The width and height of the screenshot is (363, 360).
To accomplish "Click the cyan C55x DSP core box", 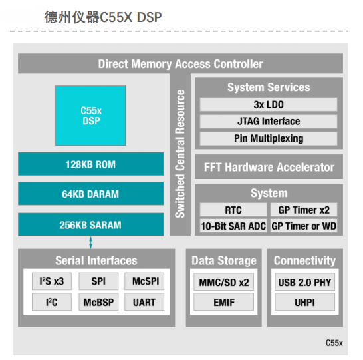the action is point(90,115).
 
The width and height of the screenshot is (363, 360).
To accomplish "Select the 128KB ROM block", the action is point(90,164).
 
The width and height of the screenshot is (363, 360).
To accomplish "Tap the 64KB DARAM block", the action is point(90,194).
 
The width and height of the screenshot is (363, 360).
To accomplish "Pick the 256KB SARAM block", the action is point(90,224).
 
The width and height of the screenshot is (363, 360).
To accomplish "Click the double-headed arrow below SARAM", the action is point(90,242).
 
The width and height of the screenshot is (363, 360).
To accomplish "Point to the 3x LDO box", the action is point(269,104).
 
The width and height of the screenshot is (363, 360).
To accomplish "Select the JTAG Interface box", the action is point(269,121).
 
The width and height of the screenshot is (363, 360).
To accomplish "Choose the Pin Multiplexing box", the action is point(269,138).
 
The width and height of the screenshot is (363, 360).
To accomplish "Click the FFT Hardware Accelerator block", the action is point(269,167).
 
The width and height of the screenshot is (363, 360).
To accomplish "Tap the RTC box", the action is point(233,210).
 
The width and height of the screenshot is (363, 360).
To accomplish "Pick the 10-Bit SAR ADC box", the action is point(233,226).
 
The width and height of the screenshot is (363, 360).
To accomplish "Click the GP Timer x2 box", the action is point(304,210).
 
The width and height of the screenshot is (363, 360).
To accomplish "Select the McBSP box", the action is point(98,302).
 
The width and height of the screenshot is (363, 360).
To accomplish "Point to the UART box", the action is point(144,302).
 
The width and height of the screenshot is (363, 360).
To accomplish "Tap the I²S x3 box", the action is point(52,281).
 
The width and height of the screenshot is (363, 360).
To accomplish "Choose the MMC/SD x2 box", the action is point(224,282).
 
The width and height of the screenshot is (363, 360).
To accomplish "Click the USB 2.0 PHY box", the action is point(305,282).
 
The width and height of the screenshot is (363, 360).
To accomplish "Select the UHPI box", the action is point(305,302).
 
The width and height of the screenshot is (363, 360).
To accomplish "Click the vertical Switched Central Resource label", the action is point(180,154).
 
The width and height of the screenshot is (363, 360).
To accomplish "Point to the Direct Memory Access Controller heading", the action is point(181,64).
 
